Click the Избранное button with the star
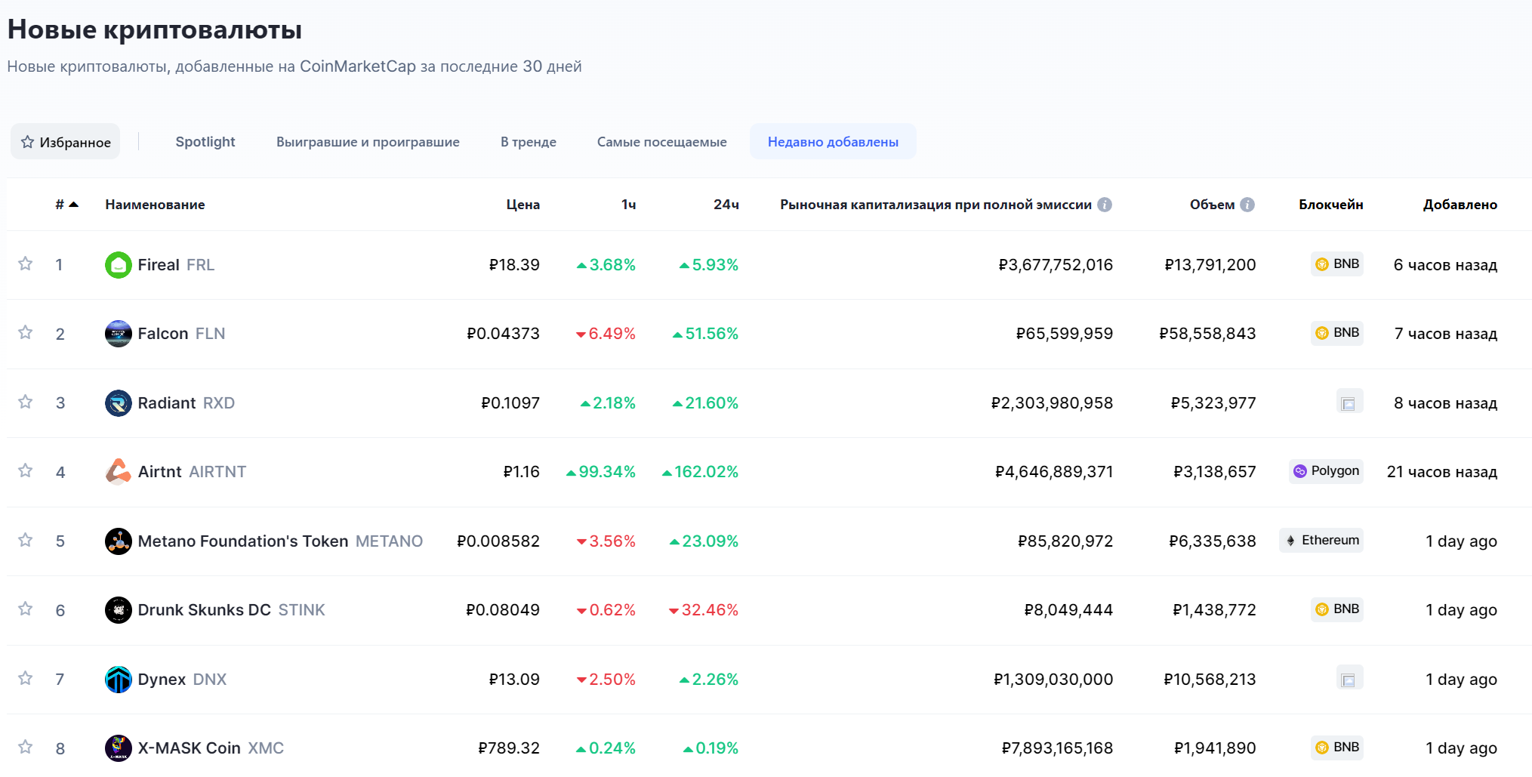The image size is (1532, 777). [66, 142]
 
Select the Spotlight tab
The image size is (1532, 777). [205, 142]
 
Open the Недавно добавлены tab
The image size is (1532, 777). [833, 142]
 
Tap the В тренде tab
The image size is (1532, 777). [528, 142]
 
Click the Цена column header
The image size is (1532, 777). [522, 205]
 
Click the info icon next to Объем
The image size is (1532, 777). [1247, 205]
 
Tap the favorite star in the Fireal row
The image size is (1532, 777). [26, 264]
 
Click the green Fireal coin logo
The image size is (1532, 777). [119, 265]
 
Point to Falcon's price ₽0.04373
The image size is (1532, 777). [503, 334]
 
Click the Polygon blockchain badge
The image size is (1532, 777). [1326, 471]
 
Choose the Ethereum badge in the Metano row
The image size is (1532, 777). [1321, 541]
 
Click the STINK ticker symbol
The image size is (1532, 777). [301, 610]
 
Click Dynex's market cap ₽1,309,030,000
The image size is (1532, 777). [1053, 680]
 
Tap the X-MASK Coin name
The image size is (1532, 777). [189, 748]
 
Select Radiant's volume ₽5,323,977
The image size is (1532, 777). [1213, 403]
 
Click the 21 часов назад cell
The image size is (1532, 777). [1441, 472]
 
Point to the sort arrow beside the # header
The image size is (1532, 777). [74, 205]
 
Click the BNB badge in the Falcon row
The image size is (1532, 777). [1337, 333]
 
